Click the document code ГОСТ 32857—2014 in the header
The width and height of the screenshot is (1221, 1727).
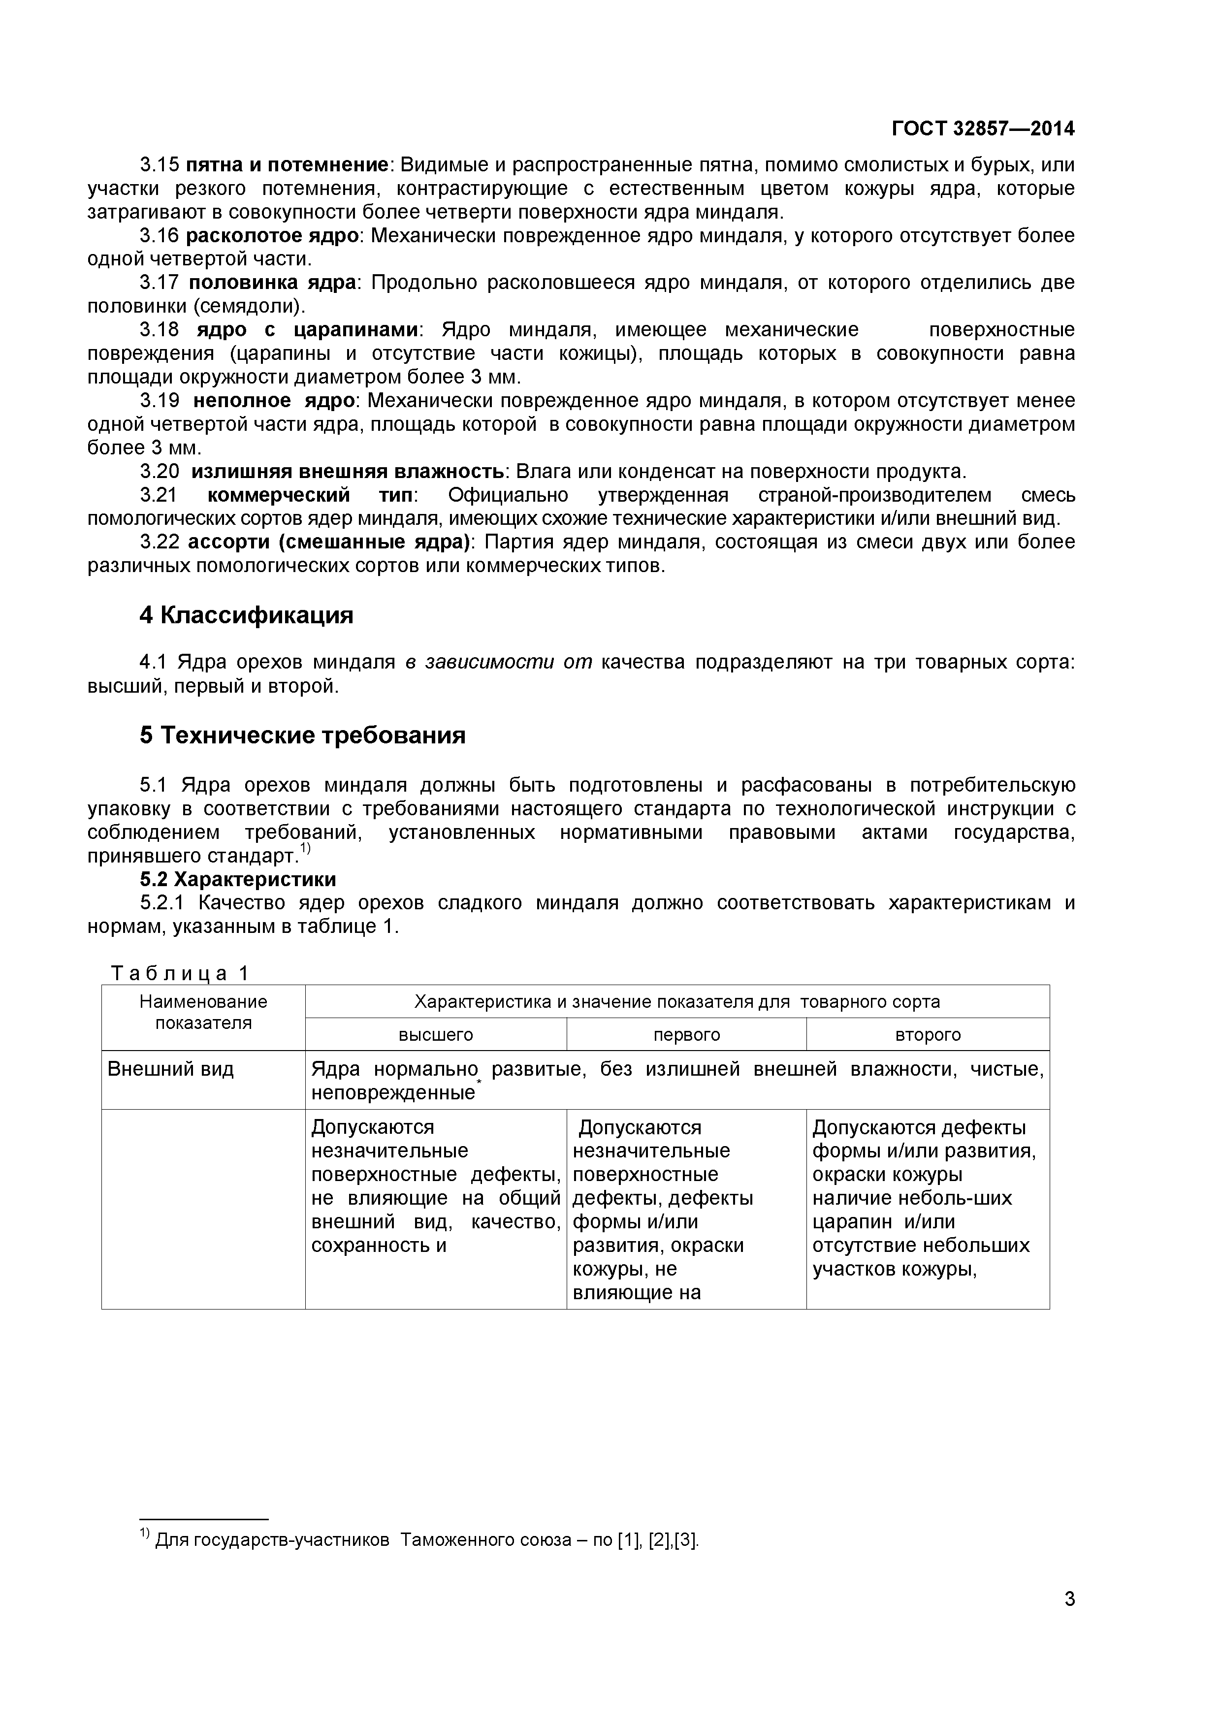click(983, 128)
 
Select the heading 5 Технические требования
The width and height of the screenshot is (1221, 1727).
click(302, 735)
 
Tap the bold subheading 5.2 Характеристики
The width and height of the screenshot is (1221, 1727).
click(238, 879)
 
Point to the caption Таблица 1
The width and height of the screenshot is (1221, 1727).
click(179, 973)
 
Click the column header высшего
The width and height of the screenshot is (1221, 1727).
click(436, 1034)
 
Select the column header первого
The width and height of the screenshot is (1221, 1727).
click(686, 1034)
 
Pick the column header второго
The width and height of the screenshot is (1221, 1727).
click(928, 1034)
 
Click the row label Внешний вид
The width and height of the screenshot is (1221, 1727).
click(171, 1069)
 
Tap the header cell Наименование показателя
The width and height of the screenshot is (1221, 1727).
click(203, 1012)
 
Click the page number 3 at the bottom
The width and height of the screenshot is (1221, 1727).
click(1069, 1620)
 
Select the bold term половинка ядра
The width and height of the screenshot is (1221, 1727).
click(272, 283)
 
